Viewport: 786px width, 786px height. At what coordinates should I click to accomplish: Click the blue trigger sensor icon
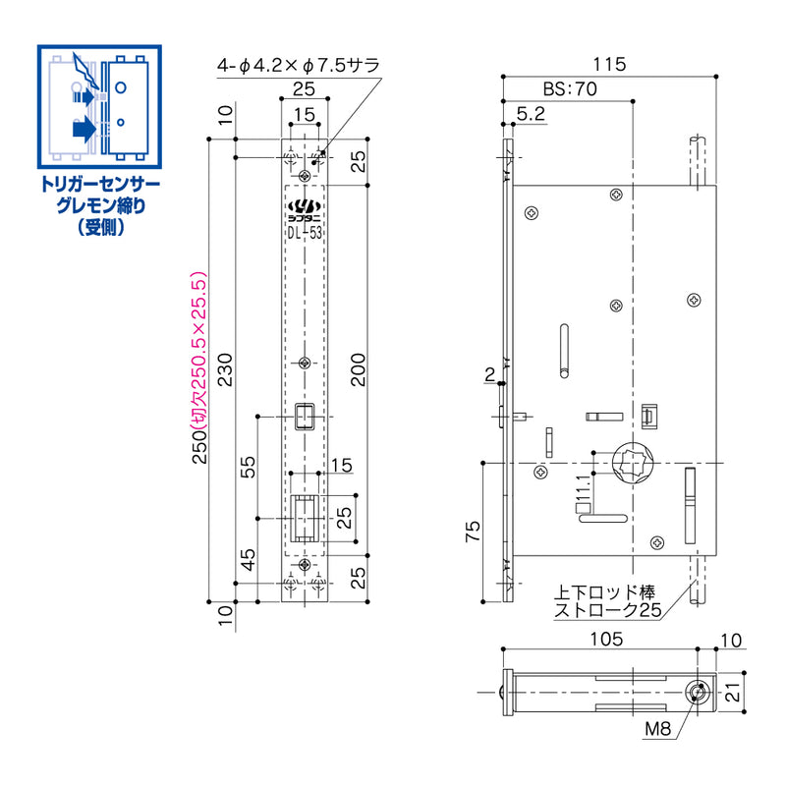click(x=97, y=106)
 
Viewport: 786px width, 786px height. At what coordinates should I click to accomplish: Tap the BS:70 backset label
click(x=569, y=88)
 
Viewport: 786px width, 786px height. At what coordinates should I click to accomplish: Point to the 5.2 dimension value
click(x=531, y=115)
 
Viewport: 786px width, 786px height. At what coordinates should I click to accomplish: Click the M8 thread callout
click(x=659, y=729)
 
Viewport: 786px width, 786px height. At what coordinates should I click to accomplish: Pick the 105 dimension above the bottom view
click(x=608, y=639)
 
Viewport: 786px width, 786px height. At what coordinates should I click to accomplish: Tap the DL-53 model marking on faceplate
click(x=305, y=232)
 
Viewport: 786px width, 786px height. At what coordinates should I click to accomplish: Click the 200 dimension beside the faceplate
click(x=360, y=369)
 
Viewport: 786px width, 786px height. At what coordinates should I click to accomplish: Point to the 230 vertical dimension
click(x=228, y=369)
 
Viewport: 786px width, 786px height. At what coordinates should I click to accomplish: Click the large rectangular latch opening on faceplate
click(x=306, y=517)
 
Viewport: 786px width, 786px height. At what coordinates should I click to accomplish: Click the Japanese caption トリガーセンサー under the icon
click(x=97, y=184)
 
